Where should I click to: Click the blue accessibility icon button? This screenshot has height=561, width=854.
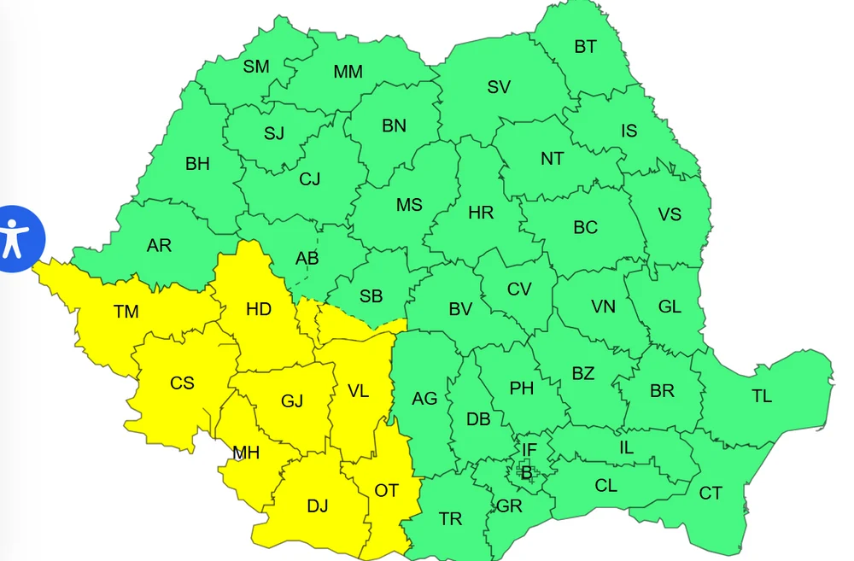15,237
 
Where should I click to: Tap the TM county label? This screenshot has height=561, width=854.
126,312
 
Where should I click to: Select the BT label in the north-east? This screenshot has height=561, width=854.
585,47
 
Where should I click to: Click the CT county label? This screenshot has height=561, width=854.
711,494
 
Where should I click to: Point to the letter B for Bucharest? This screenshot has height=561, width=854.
527,471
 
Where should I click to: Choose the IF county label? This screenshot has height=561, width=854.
529,449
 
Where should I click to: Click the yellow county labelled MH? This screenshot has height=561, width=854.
246,453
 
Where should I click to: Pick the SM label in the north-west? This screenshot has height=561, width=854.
256,67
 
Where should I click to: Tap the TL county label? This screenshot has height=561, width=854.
762,396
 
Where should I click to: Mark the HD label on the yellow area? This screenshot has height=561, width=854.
259,309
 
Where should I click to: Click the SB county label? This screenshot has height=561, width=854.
371,296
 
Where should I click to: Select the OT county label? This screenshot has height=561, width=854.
386,490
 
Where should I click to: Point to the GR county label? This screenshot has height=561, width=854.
509,506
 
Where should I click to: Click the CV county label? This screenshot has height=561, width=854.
519,289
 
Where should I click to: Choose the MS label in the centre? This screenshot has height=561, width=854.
409,205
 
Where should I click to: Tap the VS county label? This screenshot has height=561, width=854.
670,213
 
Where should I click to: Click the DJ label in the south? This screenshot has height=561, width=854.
318,506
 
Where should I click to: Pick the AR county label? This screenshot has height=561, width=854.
159,246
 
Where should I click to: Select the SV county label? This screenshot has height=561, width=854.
499,87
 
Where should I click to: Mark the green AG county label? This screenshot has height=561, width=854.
424,399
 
